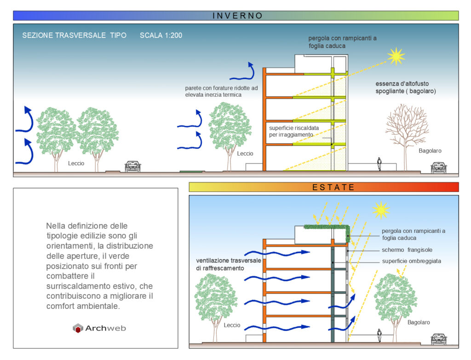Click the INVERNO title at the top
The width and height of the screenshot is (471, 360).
237,16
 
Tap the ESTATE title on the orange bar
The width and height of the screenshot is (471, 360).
333,187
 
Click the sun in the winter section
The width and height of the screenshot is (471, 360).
396,56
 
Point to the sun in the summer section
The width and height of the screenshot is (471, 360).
381,210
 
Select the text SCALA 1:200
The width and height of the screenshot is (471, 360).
161,35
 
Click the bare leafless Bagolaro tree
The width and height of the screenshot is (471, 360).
406,131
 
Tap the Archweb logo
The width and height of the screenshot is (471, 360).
99,328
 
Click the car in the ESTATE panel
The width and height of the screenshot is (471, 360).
439,339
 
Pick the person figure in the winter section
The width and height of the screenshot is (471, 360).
379,164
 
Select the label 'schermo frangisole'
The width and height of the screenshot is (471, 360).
407,250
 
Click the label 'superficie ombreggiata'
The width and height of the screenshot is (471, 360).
411,261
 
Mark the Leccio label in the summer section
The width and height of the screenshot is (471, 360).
232,325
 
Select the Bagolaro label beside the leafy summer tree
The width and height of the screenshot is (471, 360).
419,322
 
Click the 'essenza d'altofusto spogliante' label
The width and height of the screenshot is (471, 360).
406,87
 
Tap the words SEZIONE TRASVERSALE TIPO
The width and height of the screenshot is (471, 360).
74,35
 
